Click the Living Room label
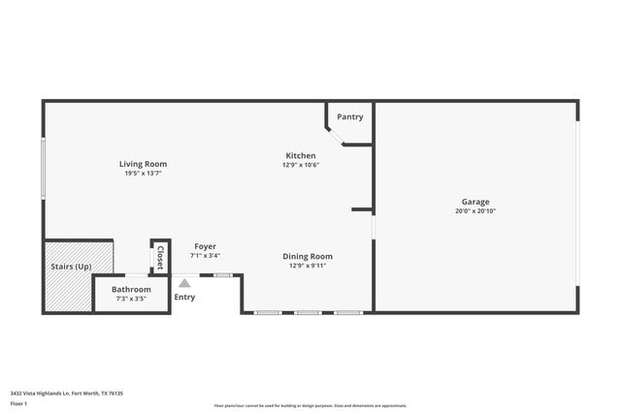pyautogui.click(x=144, y=164)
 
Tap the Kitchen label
pyautogui.click(x=300, y=155)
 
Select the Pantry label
pyautogui.click(x=350, y=117)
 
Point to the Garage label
pyautogui.click(x=475, y=202)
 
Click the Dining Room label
pyautogui.click(x=308, y=256)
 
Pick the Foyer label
pyautogui.click(x=205, y=246)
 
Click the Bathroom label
pyautogui.click(x=131, y=289)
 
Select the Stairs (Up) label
pyautogui.click(x=71, y=266)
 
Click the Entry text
pyautogui.click(x=184, y=297)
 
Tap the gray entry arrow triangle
pyautogui.click(x=184, y=283)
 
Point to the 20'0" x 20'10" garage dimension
pyautogui.click(x=475, y=211)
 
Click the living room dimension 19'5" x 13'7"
pyautogui.click(x=144, y=174)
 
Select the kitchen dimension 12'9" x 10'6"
pyautogui.click(x=301, y=165)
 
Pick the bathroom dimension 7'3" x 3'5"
pyautogui.click(x=131, y=299)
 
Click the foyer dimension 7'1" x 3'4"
pyautogui.click(x=205, y=256)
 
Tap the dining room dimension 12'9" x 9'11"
pyautogui.click(x=308, y=266)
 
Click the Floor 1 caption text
pyautogui.click(x=18, y=402)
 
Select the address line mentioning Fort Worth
pyautogui.click(x=66, y=393)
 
